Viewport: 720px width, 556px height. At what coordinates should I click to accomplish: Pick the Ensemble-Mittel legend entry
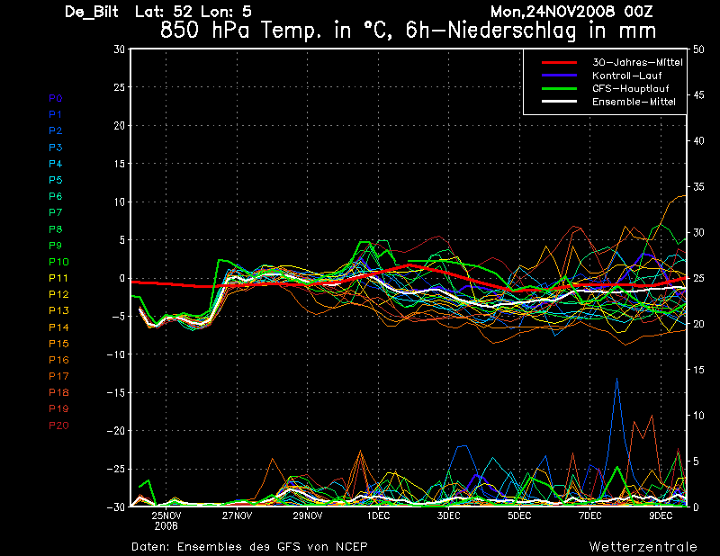[x=634, y=103]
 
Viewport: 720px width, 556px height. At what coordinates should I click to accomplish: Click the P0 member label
[x=55, y=98]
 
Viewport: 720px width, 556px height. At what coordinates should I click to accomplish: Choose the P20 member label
[x=58, y=426]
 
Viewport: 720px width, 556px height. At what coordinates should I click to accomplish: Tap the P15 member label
[x=58, y=344]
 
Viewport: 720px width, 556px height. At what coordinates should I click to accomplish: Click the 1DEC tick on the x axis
[x=378, y=516]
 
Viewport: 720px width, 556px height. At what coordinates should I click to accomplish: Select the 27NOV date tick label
[x=237, y=516]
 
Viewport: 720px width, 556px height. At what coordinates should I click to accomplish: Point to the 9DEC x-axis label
[x=661, y=516]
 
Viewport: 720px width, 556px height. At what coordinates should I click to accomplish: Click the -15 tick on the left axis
[x=116, y=392]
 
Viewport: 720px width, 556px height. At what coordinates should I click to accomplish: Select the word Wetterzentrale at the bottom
[x=643, y=546]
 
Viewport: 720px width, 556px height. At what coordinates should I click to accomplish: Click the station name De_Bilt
[x=94, y=13]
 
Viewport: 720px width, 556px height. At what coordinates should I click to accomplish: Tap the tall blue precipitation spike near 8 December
[x=616, y=381]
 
